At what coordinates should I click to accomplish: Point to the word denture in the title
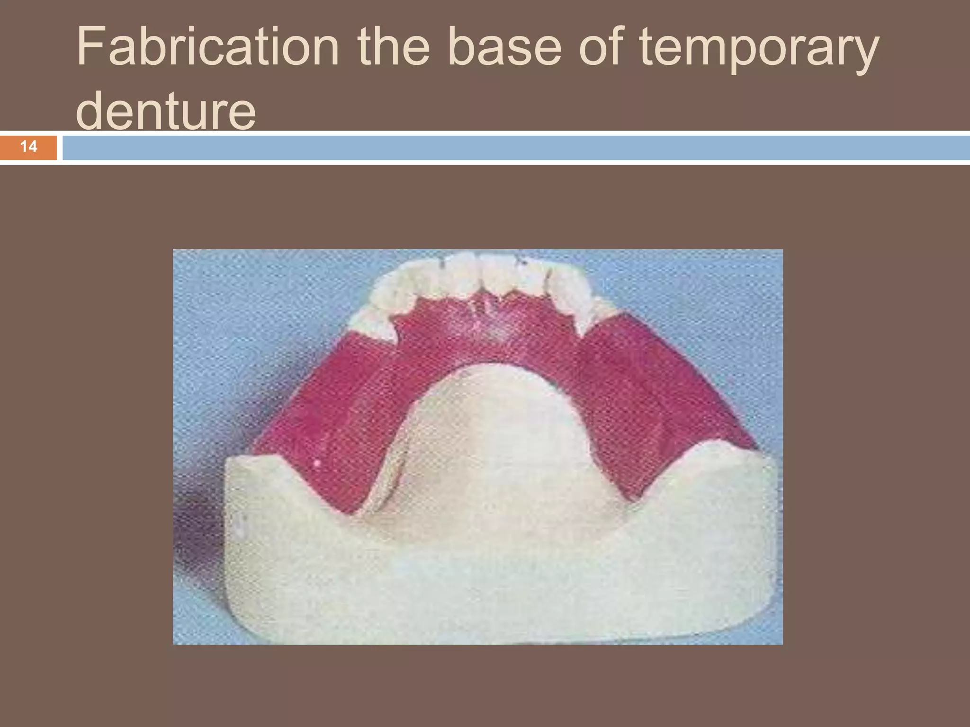pos(166,112)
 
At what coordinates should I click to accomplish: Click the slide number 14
pos(28,147)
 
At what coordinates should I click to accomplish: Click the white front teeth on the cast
pos(483,275)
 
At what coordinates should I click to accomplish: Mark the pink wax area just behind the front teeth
pos(488,322)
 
